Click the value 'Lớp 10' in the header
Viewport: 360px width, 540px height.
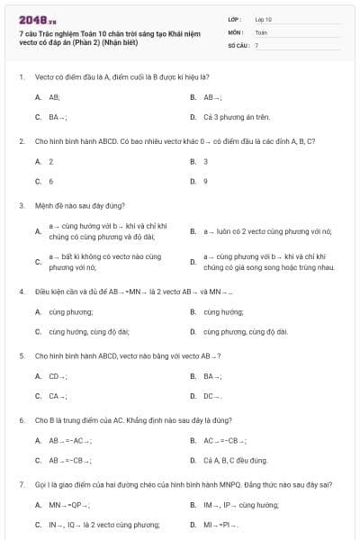click(x=264, y=18)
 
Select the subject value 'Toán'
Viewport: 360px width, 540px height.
click(x=261, y=31)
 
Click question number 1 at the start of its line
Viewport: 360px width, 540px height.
click(x=21, y=76)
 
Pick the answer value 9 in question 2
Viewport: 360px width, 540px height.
click(x=205, y=181)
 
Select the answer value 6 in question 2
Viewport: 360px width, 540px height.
click(x=50, y=181)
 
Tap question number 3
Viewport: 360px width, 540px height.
click(x=21, y=205)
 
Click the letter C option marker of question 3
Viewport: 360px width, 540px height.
click(x=37, y=262)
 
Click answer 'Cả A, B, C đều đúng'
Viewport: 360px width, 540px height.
click(x=235, y=460)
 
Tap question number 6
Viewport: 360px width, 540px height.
click(x=21, y=420)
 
